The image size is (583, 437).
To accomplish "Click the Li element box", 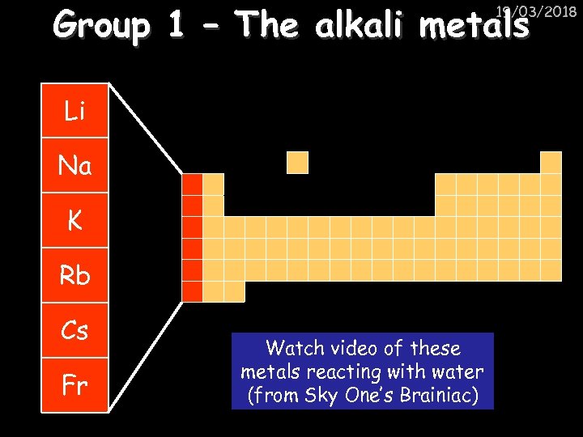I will (74, 111).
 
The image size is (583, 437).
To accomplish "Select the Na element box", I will (74, 166).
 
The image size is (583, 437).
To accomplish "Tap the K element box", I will (74, 221).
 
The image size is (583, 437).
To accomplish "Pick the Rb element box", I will (74, 276).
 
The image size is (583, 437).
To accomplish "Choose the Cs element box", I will (74, 331).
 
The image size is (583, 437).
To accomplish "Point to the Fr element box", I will (74, 384).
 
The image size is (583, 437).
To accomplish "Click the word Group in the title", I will (101, 27).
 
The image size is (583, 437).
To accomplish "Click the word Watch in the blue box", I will (295, 349).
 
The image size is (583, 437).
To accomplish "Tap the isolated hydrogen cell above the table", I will (298, 163).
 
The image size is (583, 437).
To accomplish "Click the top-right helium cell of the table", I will (551, 163).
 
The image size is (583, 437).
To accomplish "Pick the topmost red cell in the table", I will (192, 185).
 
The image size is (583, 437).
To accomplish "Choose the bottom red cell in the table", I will (192, 291).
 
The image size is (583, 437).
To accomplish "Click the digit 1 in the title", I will (175, 27).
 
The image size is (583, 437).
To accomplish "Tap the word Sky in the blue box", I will (322, 396).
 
